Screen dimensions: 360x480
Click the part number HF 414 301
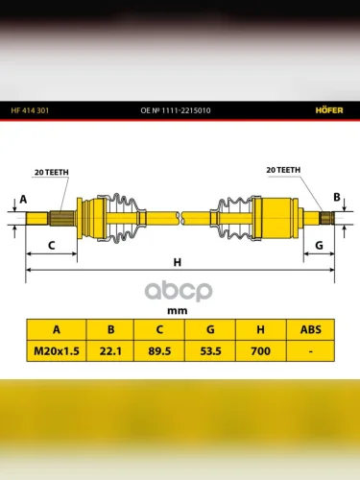coord(30,110)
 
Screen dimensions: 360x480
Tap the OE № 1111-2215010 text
coord(176,110)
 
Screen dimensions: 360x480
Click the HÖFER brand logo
coord(329,110)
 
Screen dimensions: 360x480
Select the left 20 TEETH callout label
coord(52,172)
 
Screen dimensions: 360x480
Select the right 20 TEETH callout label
coord(283,170)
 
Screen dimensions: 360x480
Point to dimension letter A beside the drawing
coord(23,200)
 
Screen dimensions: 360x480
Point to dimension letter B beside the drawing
coord(337,197)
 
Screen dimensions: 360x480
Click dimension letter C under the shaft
coord(51,246)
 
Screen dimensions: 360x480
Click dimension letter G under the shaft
coord(319,246)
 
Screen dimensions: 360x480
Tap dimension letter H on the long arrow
coord(178,262)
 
